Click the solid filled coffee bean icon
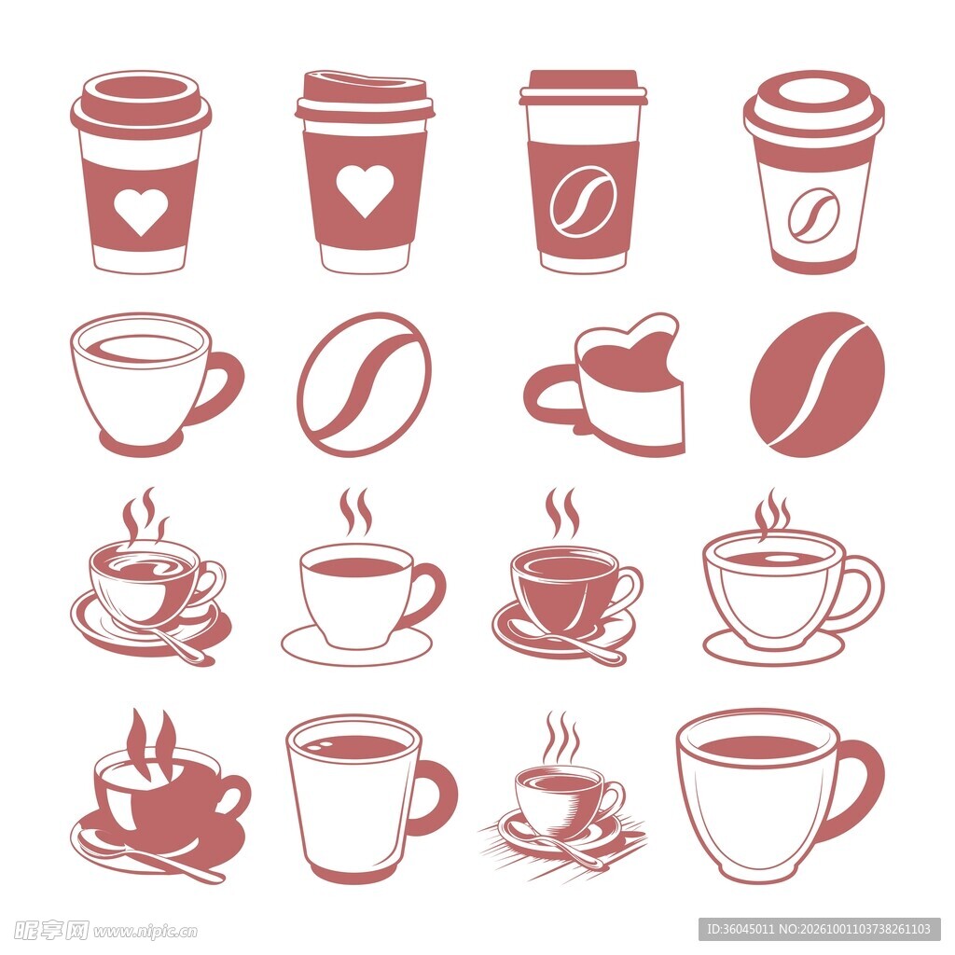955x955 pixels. [x=817, y=385]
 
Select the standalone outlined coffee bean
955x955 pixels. [x=365, y=385]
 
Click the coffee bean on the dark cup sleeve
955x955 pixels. [x=583, y=201]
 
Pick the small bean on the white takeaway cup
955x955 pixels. [x=812, y=215]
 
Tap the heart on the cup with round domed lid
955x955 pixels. [x=141, y=212]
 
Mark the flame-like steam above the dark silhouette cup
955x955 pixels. [x=152, y=744]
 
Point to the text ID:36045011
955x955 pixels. [x=740, y=930]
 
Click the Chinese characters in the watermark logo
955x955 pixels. [x=51, y=930]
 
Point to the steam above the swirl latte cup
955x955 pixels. [x=145, y=515]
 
